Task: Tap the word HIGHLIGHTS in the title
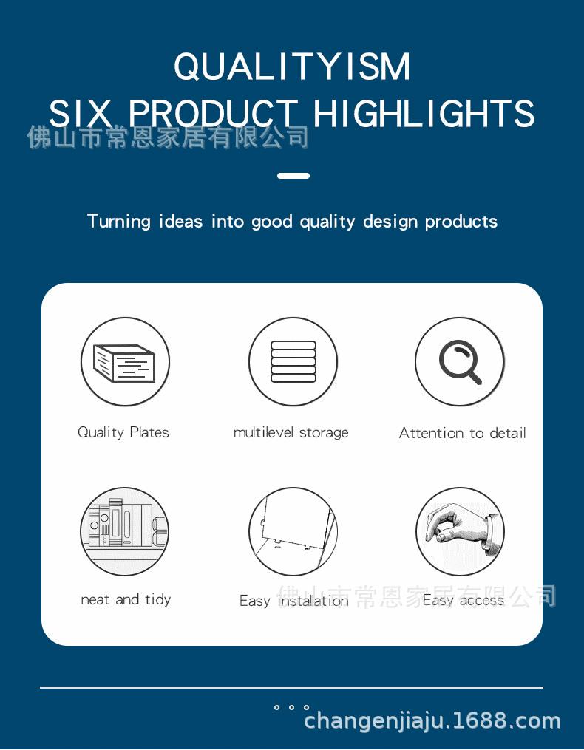[x=424, y=113]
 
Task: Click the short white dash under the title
[x=293, y=176]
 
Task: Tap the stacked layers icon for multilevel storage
[x=293, y=361]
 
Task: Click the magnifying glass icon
[x=460, y=361]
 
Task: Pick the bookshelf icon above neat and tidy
[x=124, y=531]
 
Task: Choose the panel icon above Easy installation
[x=293, y=531]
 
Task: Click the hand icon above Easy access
[x=460, y=531]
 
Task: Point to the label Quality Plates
[x=123, y=432]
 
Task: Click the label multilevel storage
[x=291, y=432]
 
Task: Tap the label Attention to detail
[x=463, y=433]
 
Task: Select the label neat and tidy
[x=126, y=599]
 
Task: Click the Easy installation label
[x=294, y=601]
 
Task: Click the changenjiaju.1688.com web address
[x=432, y=720]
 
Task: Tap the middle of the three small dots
[x=291, y=707]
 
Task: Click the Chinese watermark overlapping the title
[x=168, y=137]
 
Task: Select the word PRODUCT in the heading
[x=214, y=113]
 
